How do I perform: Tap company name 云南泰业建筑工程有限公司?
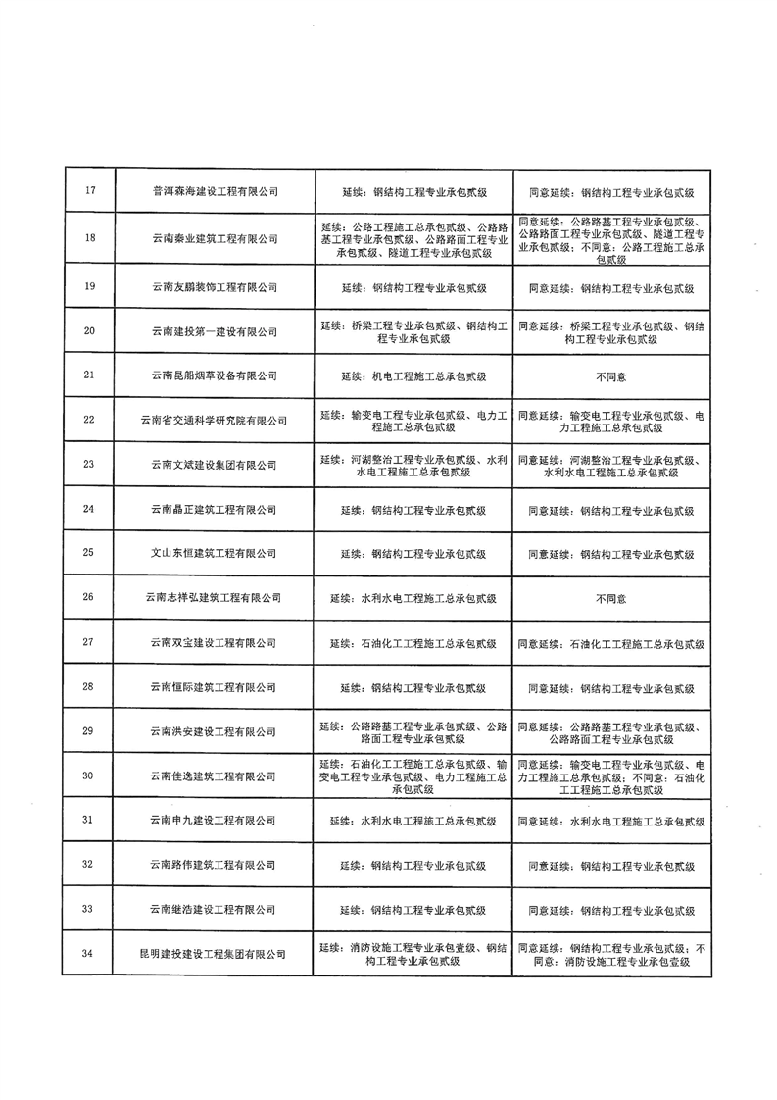click(216, 238)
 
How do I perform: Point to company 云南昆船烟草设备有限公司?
click(216, 375)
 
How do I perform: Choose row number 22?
click(89, 421)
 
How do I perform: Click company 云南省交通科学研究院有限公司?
click(216, 421)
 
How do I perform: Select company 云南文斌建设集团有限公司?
click(216, 465)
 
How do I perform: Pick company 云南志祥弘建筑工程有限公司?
click(216, 597)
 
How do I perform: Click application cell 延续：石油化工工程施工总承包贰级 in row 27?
click(413, 643)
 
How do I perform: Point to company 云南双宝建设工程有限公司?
click(216, 643)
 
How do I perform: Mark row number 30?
click(89, 776)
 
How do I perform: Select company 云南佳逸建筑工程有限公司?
click(216, 776)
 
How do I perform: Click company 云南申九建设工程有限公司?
click(216, 820)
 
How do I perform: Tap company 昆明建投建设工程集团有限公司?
click(216, 954)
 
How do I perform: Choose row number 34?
click(89, 954)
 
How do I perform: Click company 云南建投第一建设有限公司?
click(216, 330)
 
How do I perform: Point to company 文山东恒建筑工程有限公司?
click(216, 554)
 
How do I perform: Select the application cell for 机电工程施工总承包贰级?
click(413, 375)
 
